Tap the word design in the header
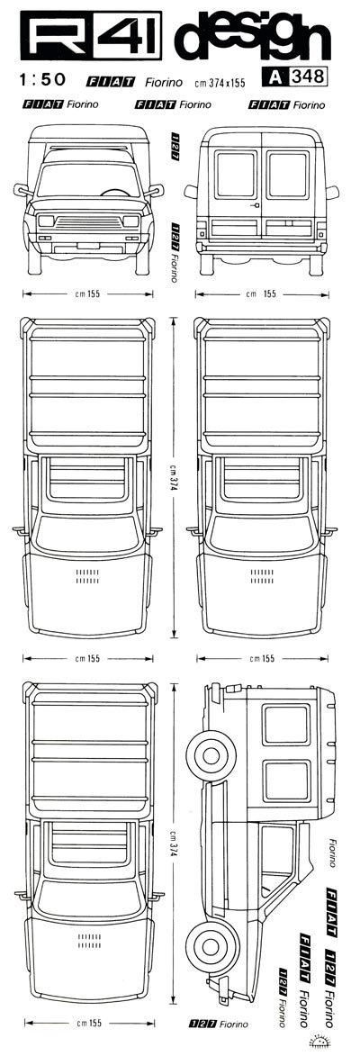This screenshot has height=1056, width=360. (x=252, y=38)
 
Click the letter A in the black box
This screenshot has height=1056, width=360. (x=274, y=77)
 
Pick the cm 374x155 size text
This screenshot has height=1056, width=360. (x=220, y=83)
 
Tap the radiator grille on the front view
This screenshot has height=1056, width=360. (x=87, y=221)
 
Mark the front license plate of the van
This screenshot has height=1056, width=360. (x=87, y=244)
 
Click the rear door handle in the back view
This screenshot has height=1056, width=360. (x=256, y=204)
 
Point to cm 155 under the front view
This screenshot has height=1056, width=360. (x=88, y=293)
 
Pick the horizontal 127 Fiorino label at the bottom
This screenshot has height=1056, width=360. (x=220, y=1024)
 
